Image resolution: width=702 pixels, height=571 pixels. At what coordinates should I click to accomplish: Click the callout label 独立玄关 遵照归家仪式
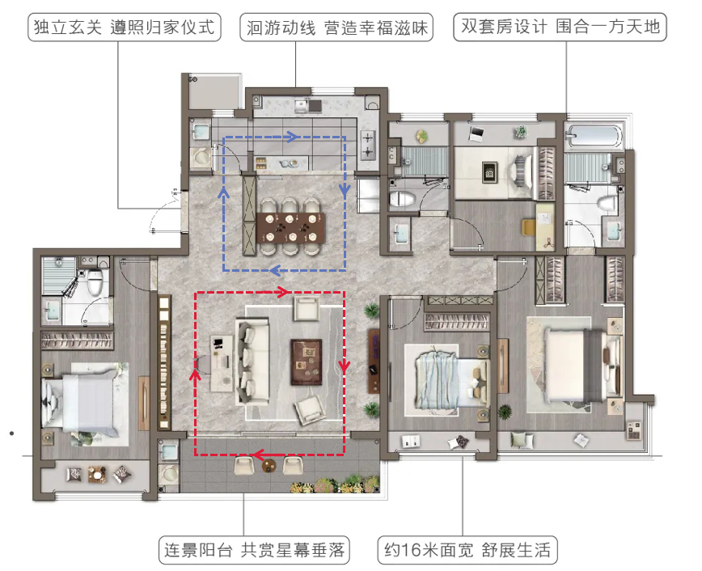(125, 27)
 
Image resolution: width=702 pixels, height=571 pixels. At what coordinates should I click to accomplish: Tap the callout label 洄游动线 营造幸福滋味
(336, 27)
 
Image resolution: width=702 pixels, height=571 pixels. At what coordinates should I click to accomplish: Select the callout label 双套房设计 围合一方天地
(560, 27)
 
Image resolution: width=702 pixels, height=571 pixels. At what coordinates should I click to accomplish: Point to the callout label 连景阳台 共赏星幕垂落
(254, 550)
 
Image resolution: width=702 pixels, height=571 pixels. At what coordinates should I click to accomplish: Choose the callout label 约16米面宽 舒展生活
(467, 550)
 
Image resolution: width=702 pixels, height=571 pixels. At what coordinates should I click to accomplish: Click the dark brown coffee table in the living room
(307, 362)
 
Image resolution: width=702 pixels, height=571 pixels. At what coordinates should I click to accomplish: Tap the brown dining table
(290, 228)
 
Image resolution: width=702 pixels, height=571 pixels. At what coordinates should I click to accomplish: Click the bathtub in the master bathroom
(594, 136)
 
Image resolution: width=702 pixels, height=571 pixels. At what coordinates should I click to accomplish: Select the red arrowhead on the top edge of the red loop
(283, 293)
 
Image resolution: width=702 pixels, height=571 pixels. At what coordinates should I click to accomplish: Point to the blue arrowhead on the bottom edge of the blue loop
(275, 270)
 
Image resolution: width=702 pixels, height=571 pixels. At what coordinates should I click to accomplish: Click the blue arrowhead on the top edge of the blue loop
(292, 137)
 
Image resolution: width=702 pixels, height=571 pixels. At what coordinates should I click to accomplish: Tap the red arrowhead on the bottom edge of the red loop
(257, 455)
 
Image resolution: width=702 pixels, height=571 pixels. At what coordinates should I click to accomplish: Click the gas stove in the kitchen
(367, 145)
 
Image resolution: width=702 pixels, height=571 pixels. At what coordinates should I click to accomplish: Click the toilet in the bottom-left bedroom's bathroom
(95, 281)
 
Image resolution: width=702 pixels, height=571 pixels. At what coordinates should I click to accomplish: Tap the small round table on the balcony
(269, 466)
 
